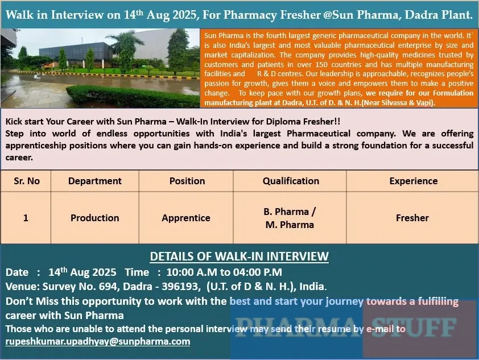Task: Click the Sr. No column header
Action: coord(26,181)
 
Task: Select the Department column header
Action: coord(94,181)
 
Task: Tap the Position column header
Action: coord(187,181)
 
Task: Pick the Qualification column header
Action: coord(290,181)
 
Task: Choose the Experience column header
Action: coord(413,181)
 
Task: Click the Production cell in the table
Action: coord(94,218)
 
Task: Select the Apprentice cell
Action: coord(186,218)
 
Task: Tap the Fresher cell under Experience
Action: coord(412,218)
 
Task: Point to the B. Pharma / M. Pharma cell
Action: coord(290,218)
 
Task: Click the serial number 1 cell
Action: coord(26,218)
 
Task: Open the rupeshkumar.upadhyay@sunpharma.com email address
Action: coord(98,341)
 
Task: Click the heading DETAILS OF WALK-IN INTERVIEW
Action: coord(239,256)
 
